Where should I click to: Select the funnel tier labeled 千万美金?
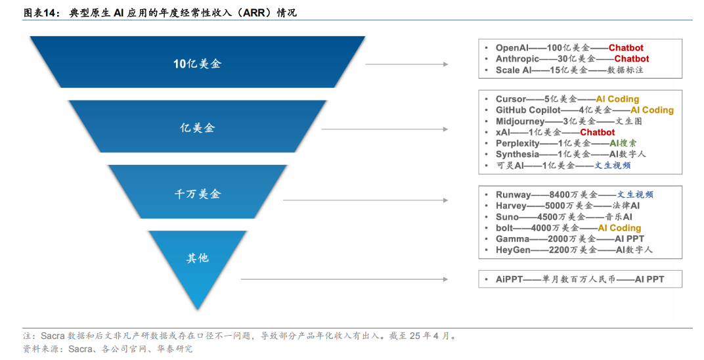tap(198, 192)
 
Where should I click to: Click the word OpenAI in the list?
tap(512, 47)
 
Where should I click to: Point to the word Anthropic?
tap(517, 59)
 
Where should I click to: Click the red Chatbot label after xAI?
tap(597, 133)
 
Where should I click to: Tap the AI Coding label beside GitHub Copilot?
tap(652, 110)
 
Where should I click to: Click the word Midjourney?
tap(520, 121)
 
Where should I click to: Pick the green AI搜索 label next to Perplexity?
tap(623, 143)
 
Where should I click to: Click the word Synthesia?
tap(517, 154)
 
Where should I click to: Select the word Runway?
tap(513, 195)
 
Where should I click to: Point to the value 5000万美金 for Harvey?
tap(569, 206)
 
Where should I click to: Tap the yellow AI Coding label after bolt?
tap(619, 228)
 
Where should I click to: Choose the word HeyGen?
tap(513, 250)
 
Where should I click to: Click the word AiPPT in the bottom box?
tap(509, 279)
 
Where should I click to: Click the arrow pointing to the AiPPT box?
tap(344, 279)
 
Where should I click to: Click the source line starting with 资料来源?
tap(108, 349)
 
